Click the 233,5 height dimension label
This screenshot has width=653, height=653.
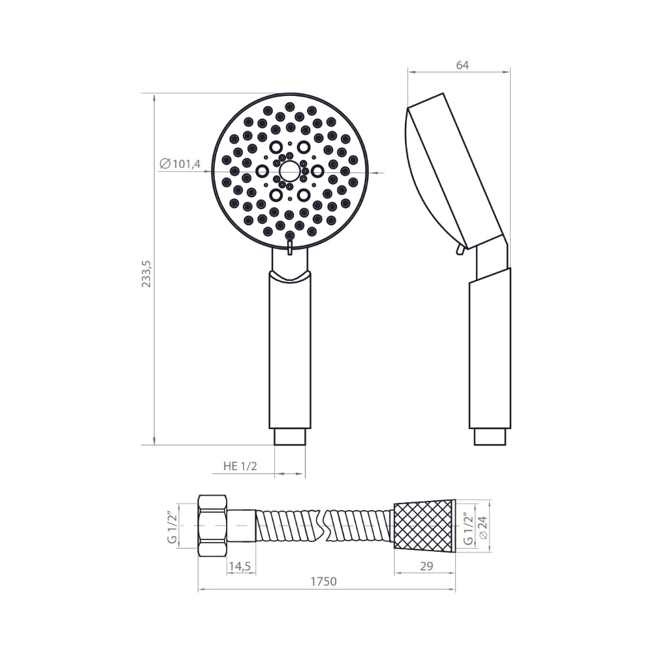click(146, 274)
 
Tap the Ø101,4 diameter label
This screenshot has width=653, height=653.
click(180, 164)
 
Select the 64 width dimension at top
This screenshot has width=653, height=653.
click(462, 65)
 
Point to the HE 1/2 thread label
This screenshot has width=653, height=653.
click(240, 466)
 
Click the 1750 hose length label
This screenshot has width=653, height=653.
click(323, 581)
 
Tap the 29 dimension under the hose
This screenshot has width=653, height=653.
click(426, 566)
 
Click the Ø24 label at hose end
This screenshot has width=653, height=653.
click(483, 528)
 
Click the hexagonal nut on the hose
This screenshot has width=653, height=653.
click(212, 526)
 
